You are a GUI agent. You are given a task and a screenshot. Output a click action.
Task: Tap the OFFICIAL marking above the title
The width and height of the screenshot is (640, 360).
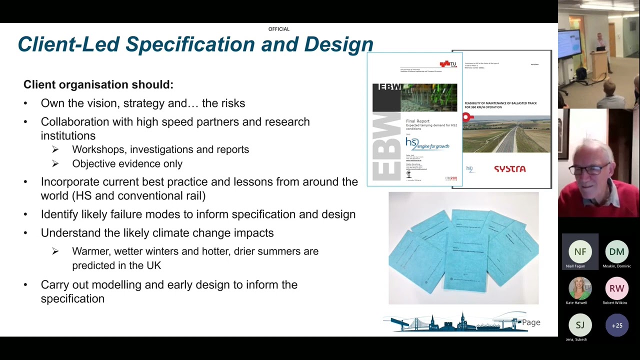[279, 29]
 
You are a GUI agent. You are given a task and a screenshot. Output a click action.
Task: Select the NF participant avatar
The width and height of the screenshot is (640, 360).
[580, 252]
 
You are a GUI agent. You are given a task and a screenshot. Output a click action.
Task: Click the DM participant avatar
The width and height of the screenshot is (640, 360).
[616, 252]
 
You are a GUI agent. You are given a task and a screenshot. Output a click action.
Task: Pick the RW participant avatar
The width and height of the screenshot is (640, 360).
[616, 288]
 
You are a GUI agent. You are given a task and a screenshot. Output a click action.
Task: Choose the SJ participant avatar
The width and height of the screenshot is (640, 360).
[580, 325]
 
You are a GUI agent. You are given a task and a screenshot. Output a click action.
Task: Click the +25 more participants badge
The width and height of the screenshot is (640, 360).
[616, 325]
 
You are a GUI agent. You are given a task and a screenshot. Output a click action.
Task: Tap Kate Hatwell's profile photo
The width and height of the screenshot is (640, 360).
[580, 288]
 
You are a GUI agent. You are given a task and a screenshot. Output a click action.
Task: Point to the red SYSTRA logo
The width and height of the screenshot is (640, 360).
[509, 169]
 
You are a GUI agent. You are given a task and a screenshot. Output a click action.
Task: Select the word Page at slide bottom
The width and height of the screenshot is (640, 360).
[531, 322]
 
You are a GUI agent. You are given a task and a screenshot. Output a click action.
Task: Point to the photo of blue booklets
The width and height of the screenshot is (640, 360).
[463, 248]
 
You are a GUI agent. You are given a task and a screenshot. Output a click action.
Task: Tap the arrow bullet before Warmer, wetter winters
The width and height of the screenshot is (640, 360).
[55, 251]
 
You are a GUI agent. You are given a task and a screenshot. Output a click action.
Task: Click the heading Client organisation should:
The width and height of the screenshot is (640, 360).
[98, 84]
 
